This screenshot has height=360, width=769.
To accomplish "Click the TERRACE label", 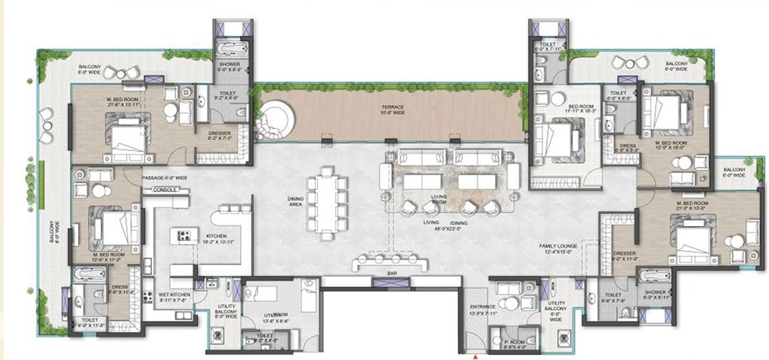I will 392,108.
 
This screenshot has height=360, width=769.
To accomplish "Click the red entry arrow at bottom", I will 474,356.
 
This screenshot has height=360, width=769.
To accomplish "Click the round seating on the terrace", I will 276,120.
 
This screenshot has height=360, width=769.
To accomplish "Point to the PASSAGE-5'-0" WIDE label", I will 165,178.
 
